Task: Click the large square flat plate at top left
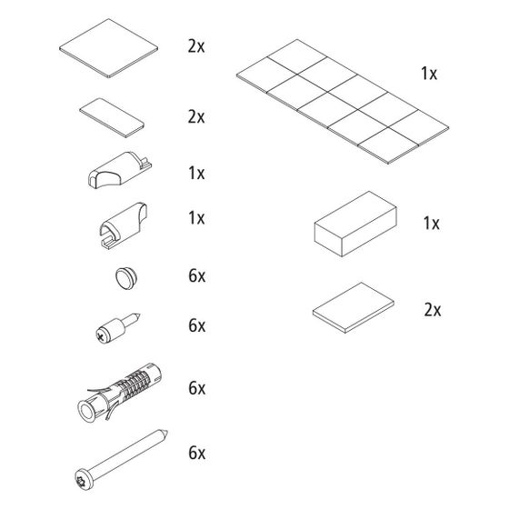click(108, 48)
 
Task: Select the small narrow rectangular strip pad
click(112, 118)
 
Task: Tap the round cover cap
click(126, 278)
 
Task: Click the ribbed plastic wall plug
click(119, 393)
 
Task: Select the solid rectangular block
click(355, 224)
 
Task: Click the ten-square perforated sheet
click(343, 102)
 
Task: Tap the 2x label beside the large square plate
click(196, 46)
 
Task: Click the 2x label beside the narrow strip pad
click(196, 117)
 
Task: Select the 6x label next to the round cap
click(197, 276)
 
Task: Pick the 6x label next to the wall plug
click(197, 388)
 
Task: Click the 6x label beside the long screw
click(197, 453)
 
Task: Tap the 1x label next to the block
click(432, 224)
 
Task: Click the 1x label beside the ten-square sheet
click(429, 74)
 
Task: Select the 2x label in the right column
click(433, 310)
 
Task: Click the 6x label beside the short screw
click(197, 325)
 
